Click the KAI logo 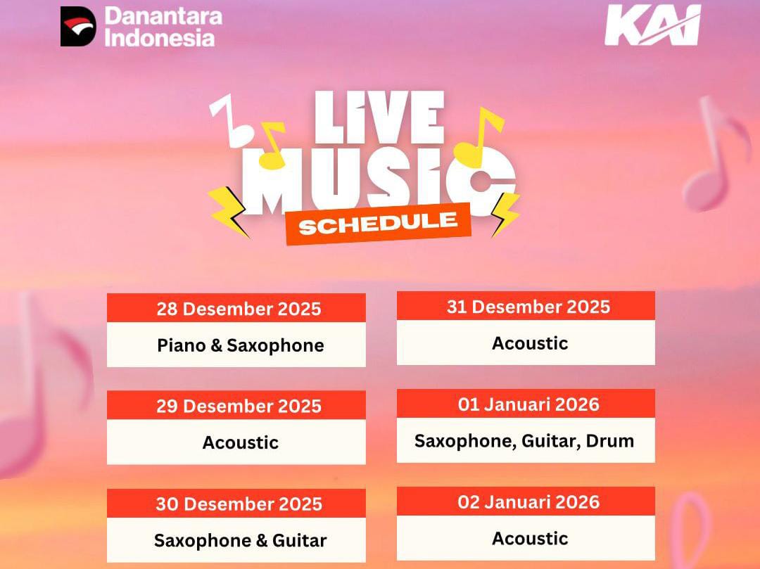click(652, 25)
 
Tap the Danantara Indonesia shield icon click(77, 26)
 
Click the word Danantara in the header click(163, 16)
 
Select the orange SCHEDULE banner click(378, 223)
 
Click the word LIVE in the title click(379, 117)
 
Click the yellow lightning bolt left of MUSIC click(228, 211)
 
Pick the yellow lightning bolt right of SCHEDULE click(505, 214)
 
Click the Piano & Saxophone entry click(241, 345)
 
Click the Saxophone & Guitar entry click(241, 540)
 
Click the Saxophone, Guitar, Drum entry click(524, 441)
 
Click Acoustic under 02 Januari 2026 click(530, 539)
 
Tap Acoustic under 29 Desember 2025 click(241, 442)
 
